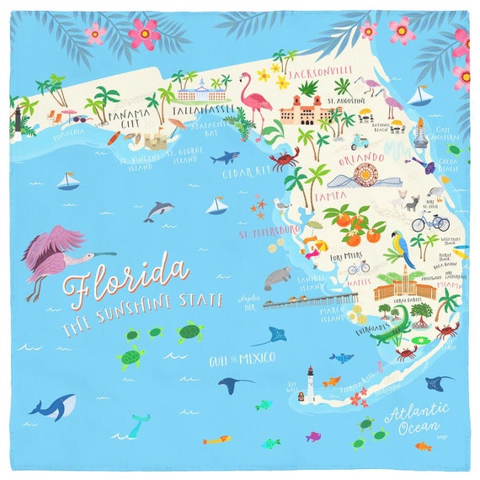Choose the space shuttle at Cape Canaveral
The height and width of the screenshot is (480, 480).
419,132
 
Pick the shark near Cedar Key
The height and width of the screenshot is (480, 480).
224,157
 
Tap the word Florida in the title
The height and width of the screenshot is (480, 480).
126,279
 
